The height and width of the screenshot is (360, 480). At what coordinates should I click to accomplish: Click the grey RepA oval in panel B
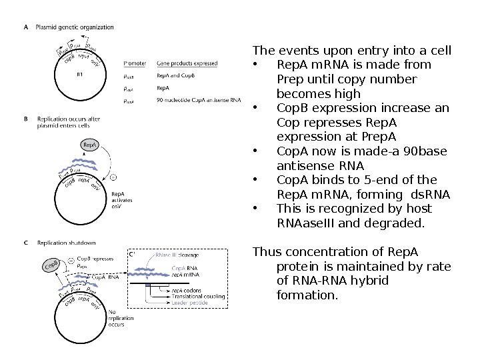(91, 144)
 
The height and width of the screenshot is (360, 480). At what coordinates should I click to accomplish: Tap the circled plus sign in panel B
(113, 177)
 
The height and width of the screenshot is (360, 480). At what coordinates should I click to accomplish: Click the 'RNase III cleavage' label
(177, 255)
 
